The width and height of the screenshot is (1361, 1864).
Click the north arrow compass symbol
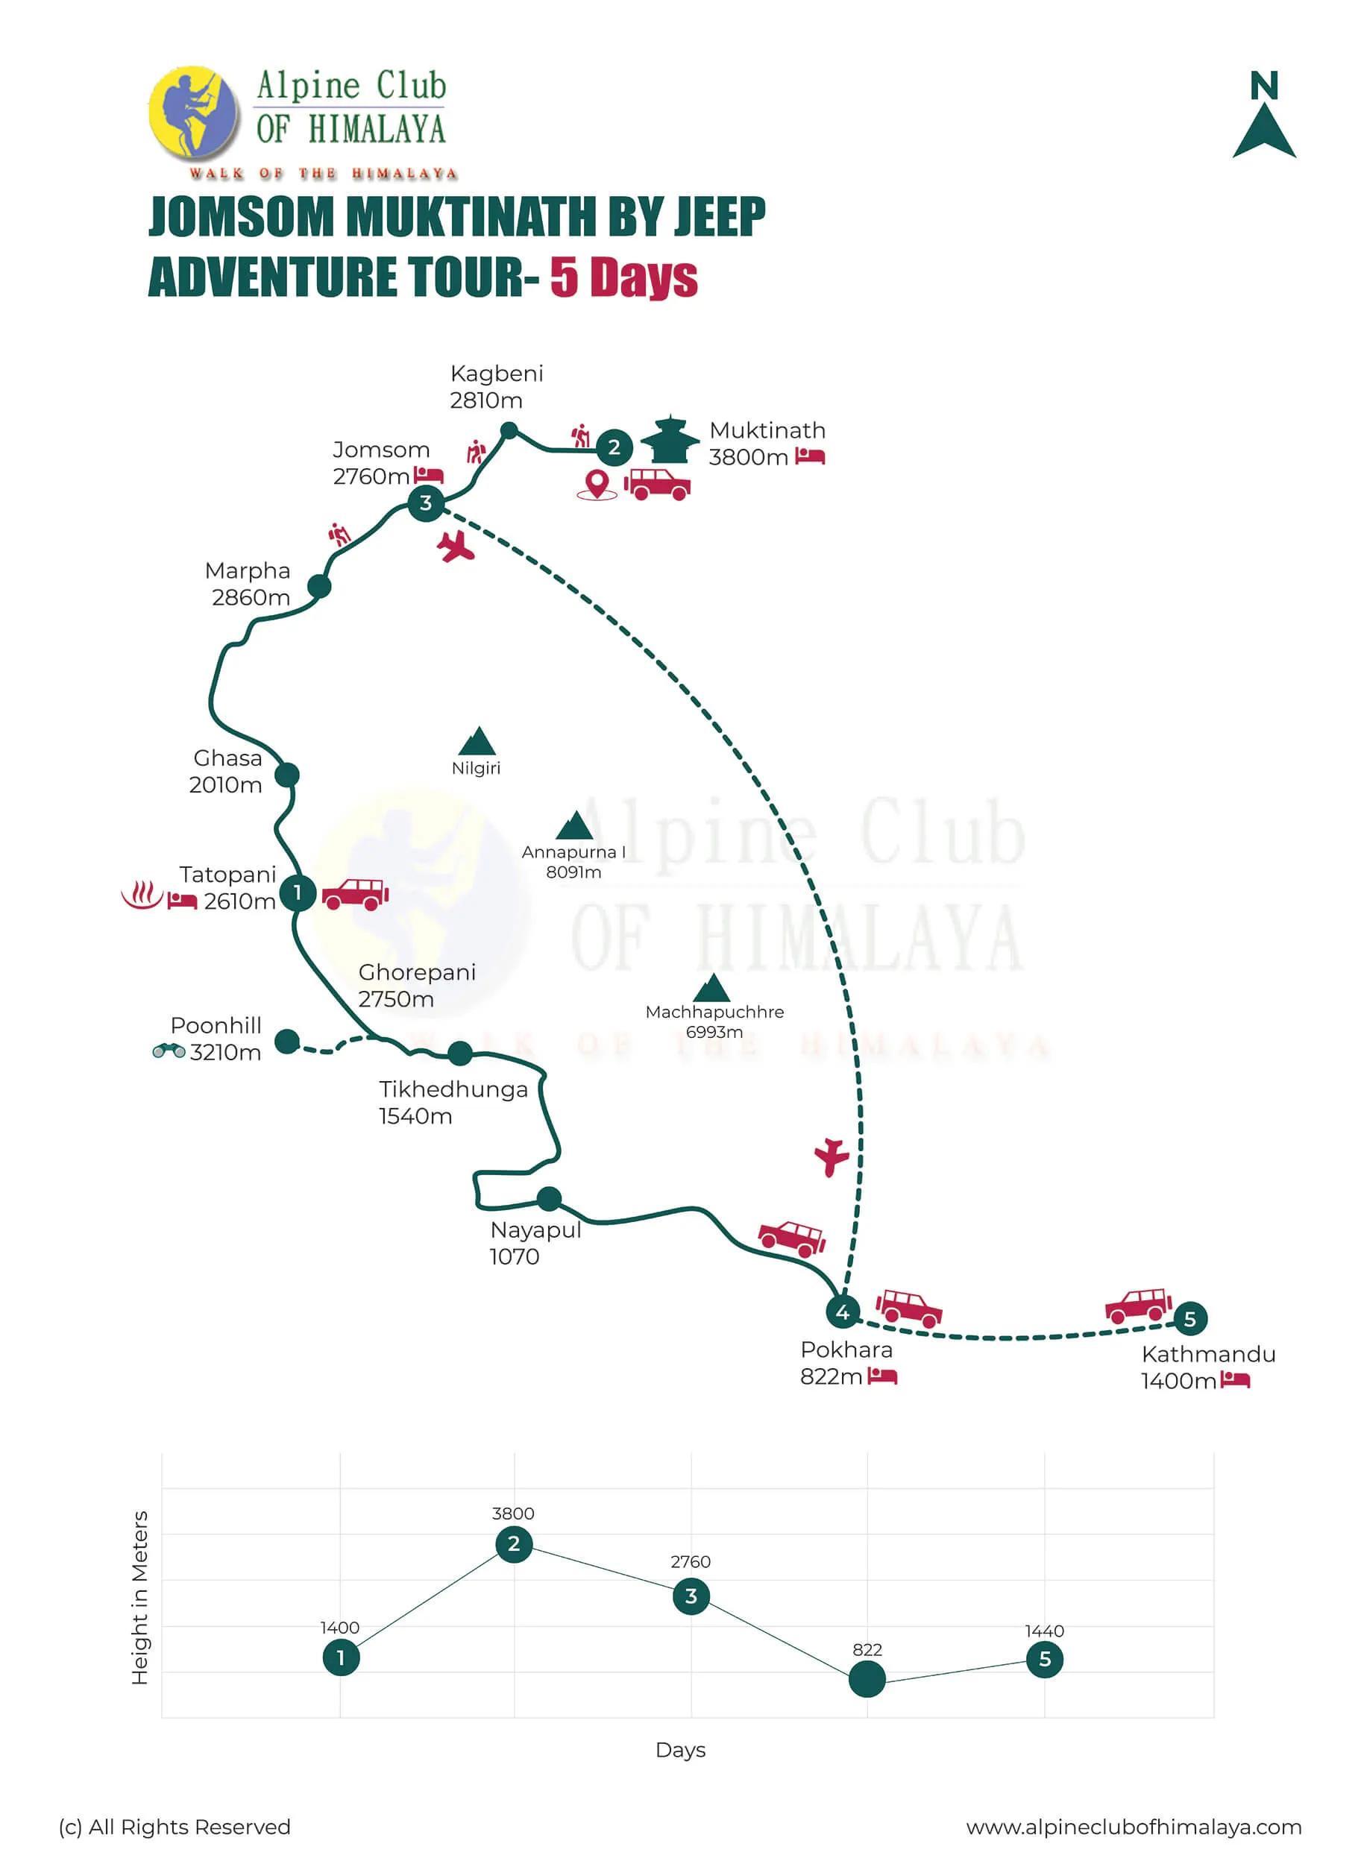point(1263,116)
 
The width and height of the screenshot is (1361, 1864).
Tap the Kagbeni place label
point(496,386)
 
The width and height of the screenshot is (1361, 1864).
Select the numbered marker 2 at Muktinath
point(614,447)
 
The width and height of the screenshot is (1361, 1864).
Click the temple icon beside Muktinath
point(670,440)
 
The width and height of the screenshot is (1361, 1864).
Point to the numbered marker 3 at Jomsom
point(426,503)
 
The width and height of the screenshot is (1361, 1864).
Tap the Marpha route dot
point(319,587)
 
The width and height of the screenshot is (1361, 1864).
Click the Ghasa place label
point(227,771)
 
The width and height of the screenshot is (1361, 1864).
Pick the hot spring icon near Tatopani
point(142,895)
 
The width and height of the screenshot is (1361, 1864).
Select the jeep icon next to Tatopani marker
point(355,894)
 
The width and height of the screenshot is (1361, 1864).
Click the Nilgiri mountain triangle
point(477,742)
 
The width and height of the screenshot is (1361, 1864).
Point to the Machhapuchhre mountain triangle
point(713,988)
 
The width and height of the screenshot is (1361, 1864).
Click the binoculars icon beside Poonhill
point(168,1051)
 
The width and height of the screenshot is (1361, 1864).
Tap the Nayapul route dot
point(549,1198)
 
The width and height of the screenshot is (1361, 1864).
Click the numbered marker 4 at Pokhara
point(842,1312)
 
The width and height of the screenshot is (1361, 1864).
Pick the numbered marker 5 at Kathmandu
point(1189,1319)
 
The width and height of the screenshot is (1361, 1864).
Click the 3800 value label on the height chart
point(512,1514)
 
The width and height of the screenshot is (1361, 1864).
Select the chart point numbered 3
point(691,1596)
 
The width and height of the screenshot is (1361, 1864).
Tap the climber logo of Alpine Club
point(195,113)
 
